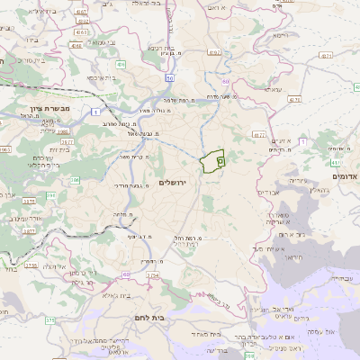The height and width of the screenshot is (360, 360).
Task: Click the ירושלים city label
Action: [x=176, y=183]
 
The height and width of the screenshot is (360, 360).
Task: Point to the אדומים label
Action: [x=345, y=177]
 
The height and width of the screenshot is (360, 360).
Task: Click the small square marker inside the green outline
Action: [x=220, y=158]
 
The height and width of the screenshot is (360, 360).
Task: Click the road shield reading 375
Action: [x=50, y=319]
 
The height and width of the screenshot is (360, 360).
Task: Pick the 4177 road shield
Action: [x=259, y=135]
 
